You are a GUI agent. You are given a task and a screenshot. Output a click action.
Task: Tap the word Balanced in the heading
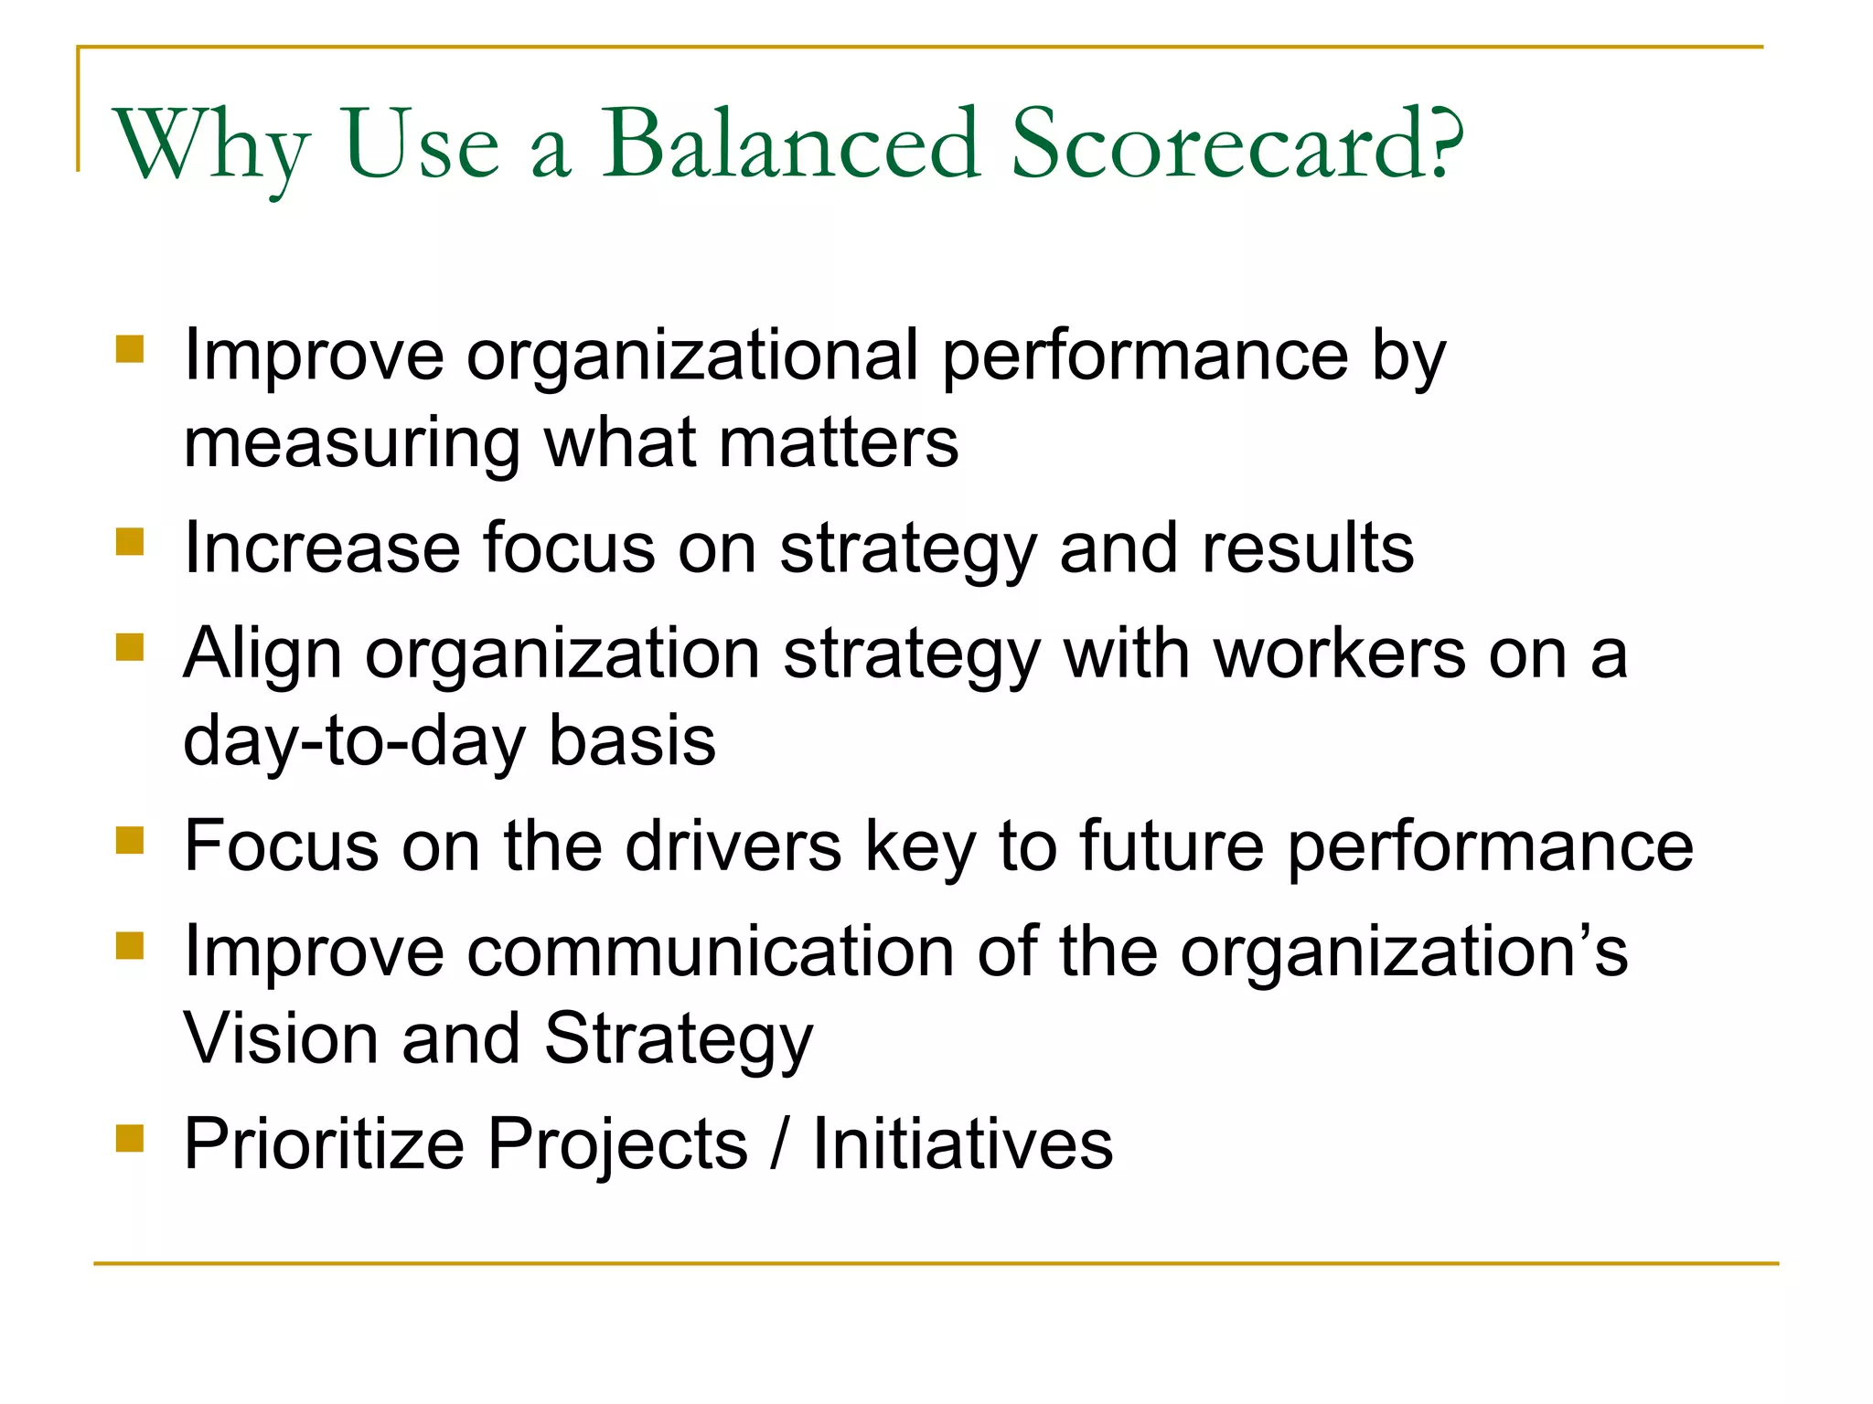coord(790,144)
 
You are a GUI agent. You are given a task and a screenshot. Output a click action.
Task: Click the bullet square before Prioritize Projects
coord(131,1138)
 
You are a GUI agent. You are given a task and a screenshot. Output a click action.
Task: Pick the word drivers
coord(733,846)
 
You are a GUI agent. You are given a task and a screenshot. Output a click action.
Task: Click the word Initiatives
coord(962,1144)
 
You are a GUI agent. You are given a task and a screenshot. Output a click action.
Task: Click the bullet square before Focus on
coord(131,840)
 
